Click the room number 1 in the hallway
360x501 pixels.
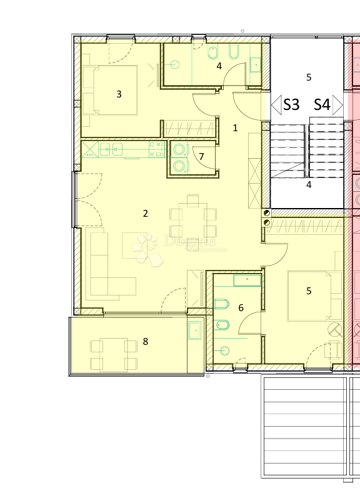(235, 128)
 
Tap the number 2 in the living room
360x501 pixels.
(145, 214)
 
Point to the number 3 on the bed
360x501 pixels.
(119, 95)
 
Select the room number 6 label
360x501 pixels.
(241, 308)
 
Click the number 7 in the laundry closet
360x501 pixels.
(201, 157)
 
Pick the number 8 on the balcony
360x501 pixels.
(146, 342)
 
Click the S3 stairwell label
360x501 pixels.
(291, 104)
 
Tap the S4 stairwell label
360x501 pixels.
(322, 104)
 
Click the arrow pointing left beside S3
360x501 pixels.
(276, 104)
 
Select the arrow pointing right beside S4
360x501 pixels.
(338, 104)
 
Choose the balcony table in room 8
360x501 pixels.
(114, 354)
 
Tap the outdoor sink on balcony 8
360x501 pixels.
(195, 329)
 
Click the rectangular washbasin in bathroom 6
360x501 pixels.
(247, 280)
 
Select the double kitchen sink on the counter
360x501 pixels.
(111, 149)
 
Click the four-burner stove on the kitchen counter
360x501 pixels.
(155, 149)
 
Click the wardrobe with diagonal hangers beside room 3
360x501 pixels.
(190, 129)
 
